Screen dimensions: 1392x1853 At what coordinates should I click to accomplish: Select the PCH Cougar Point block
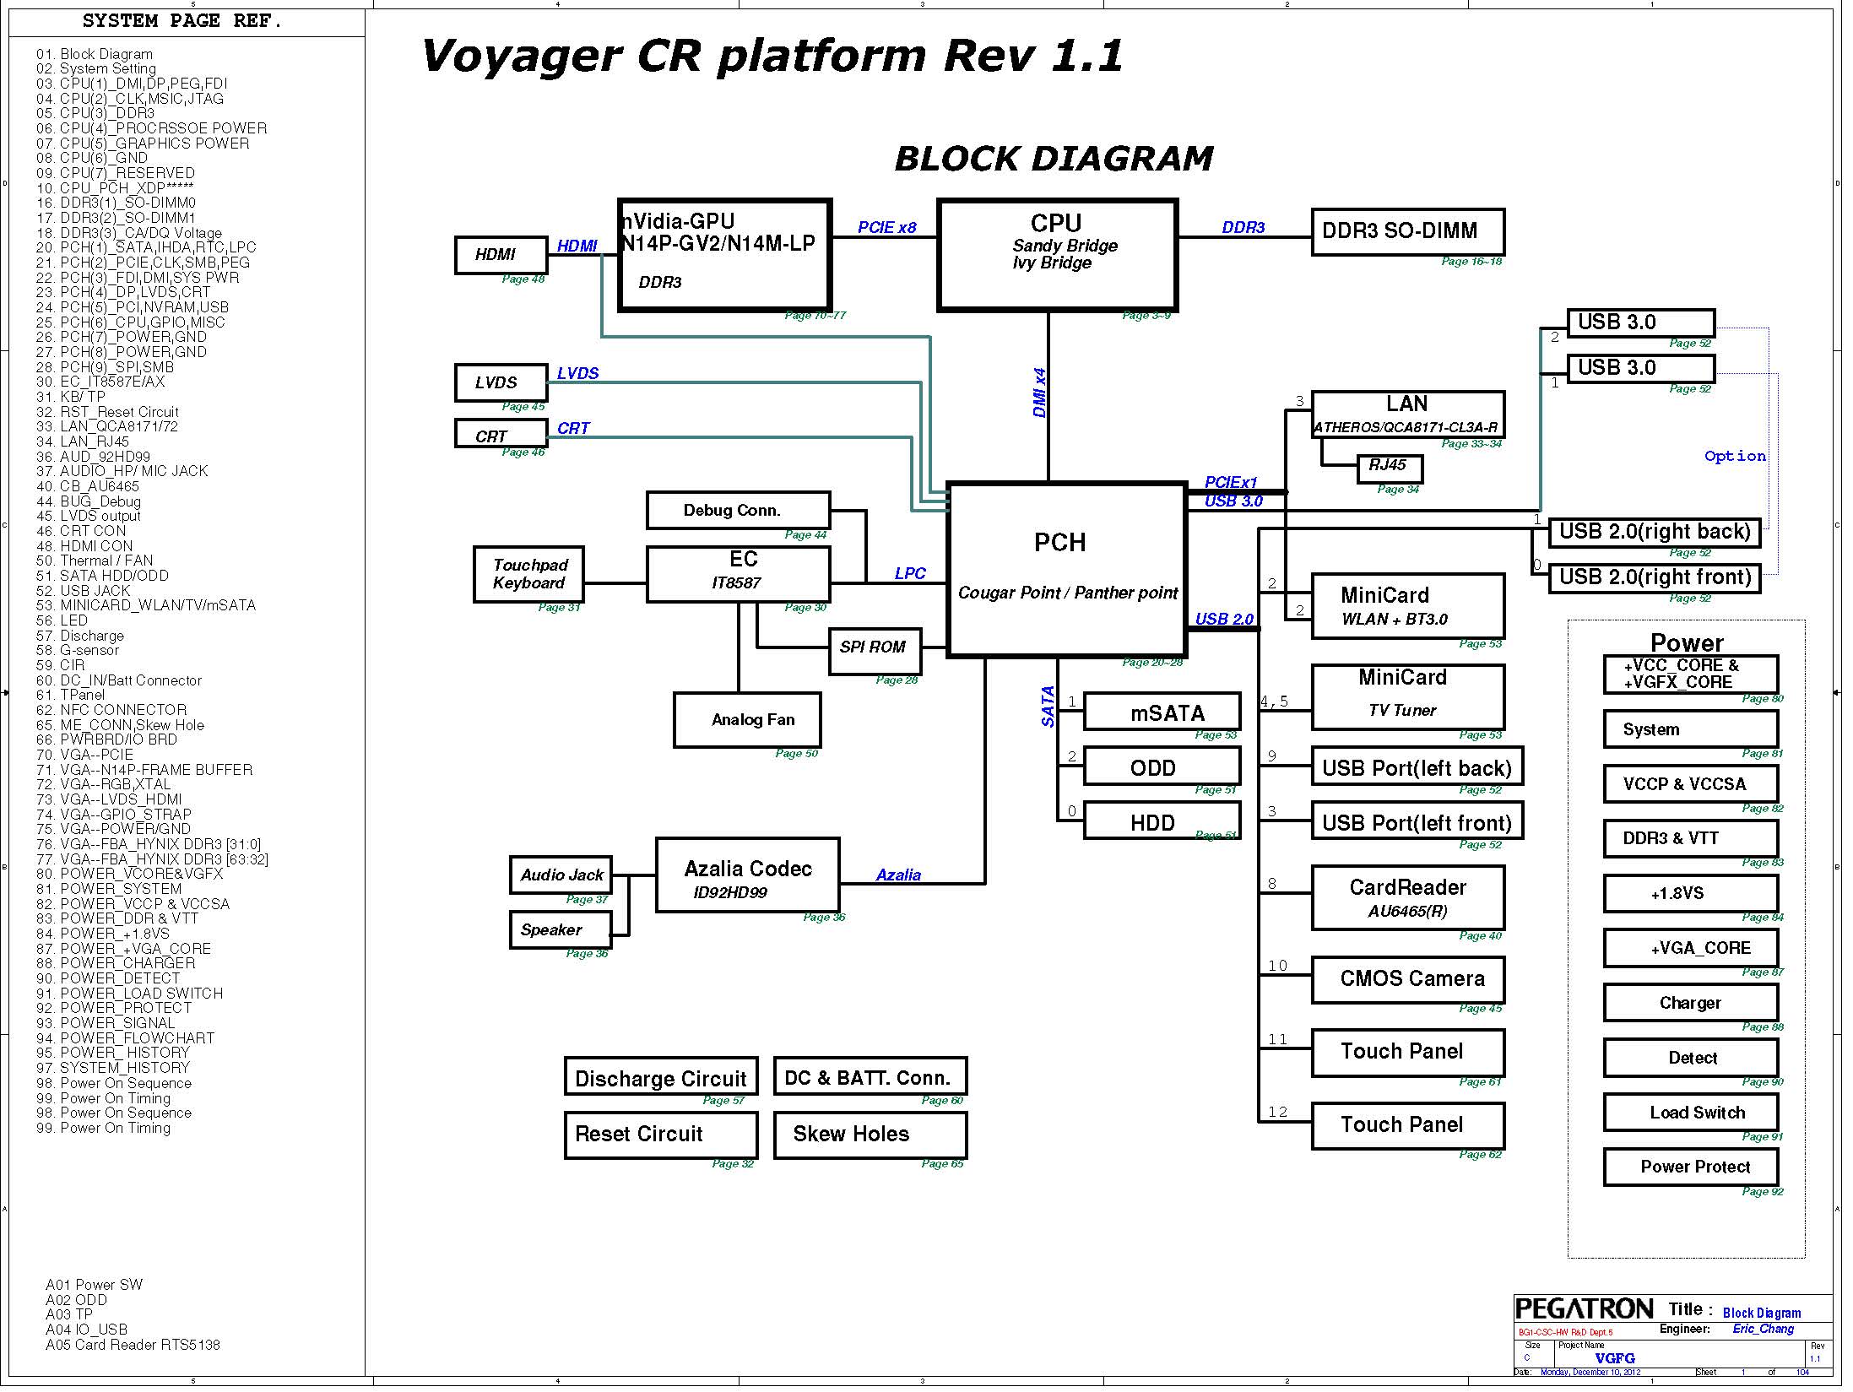(1067, 570)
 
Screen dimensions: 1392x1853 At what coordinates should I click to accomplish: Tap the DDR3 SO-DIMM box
(1407, 232)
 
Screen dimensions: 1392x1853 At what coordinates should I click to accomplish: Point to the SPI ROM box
(874, 650)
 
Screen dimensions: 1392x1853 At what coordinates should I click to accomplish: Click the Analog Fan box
(747, 720)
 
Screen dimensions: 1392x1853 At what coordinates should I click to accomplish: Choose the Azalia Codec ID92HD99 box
(748, 875)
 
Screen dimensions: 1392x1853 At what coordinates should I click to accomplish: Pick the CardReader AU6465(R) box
(1407, 897)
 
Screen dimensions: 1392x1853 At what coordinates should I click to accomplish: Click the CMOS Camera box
(1407, 979)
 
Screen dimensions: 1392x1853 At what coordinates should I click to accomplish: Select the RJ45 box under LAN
(1389, 467)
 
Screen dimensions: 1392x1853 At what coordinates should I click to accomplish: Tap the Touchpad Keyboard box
(529, 574)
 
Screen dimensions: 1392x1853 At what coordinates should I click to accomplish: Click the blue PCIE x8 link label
(886, 228)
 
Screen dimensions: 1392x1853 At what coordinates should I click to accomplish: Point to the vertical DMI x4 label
(1040, 393)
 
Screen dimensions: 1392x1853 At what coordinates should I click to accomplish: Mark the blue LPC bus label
(910, 574)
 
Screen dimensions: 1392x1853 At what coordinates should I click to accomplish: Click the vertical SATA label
(1048, 706)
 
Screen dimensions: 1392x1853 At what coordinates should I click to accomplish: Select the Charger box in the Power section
(1690, 1003)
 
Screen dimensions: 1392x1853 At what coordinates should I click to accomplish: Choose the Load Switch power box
(1690, 1113)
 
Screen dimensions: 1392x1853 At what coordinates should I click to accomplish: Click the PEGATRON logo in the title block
(1584, 1309)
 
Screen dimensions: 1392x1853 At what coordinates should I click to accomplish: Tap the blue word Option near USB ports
(1735, 457)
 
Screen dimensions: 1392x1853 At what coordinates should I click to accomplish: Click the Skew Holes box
(870, 1135)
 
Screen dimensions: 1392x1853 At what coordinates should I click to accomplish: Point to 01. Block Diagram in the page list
(95, 54)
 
